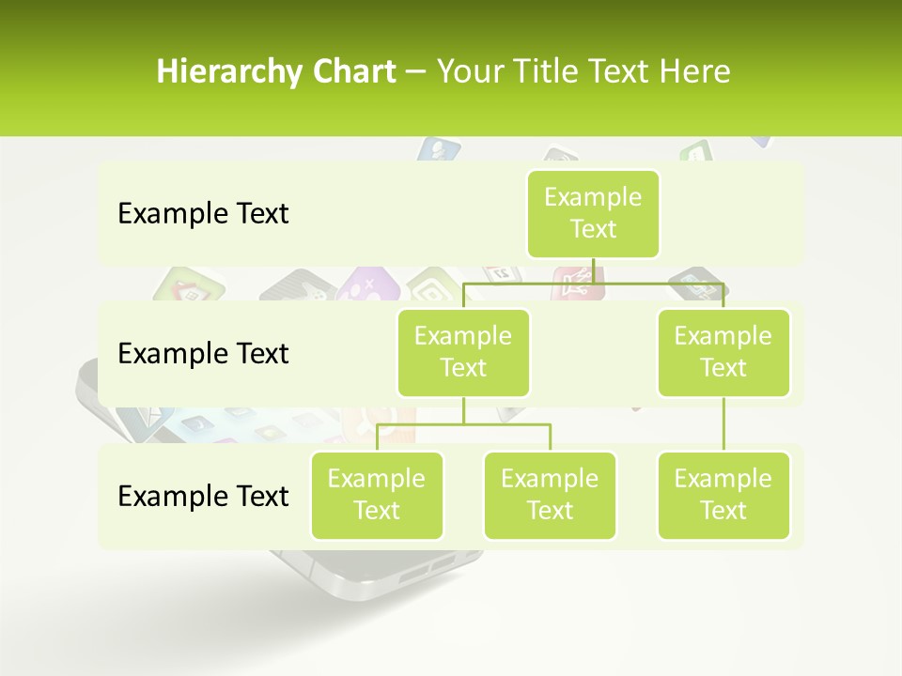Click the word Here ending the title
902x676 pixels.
tap(697, 72)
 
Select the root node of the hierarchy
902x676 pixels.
tap(593, 213)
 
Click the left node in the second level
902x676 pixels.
tap(463, 352)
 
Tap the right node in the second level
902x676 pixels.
tap(723, 352)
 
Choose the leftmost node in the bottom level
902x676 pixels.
tap(377, 495)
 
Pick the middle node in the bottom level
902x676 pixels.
tap(550, 495)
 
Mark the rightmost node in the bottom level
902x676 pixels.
tap(723, 495)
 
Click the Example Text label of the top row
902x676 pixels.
tap(203, 214)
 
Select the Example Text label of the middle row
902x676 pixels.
tap(203, 354)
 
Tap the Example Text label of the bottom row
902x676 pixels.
tap(203, 496)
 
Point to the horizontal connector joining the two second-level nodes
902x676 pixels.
tap(593, 283)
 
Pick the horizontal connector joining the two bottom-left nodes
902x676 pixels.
tap(463, 424)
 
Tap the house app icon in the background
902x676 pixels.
tap(188, 285)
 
